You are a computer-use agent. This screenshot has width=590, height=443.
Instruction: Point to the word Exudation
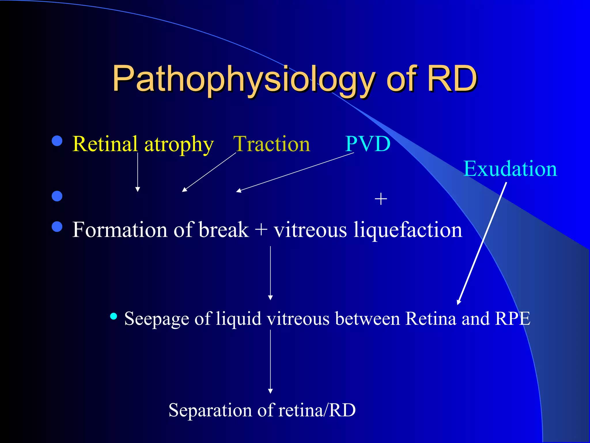[510, 169]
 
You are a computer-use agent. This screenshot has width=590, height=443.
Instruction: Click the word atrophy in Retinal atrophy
[179, 144]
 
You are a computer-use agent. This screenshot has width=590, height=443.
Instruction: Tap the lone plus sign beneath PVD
[381, 199]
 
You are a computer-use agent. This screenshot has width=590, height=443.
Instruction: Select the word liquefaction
[408, 230]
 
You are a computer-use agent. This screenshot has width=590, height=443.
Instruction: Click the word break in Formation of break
[224, 230]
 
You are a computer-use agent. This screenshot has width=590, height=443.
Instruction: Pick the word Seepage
[157, 319]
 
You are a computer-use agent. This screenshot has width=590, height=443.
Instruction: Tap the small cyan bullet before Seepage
[114, 316]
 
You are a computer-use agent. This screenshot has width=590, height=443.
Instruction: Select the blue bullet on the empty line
[57, 196]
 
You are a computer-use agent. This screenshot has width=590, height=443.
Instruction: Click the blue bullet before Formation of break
[57, 227]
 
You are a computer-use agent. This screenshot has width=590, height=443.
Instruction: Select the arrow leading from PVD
[295, 172]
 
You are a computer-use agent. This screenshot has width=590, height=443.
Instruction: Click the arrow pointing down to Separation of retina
[270, 362]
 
